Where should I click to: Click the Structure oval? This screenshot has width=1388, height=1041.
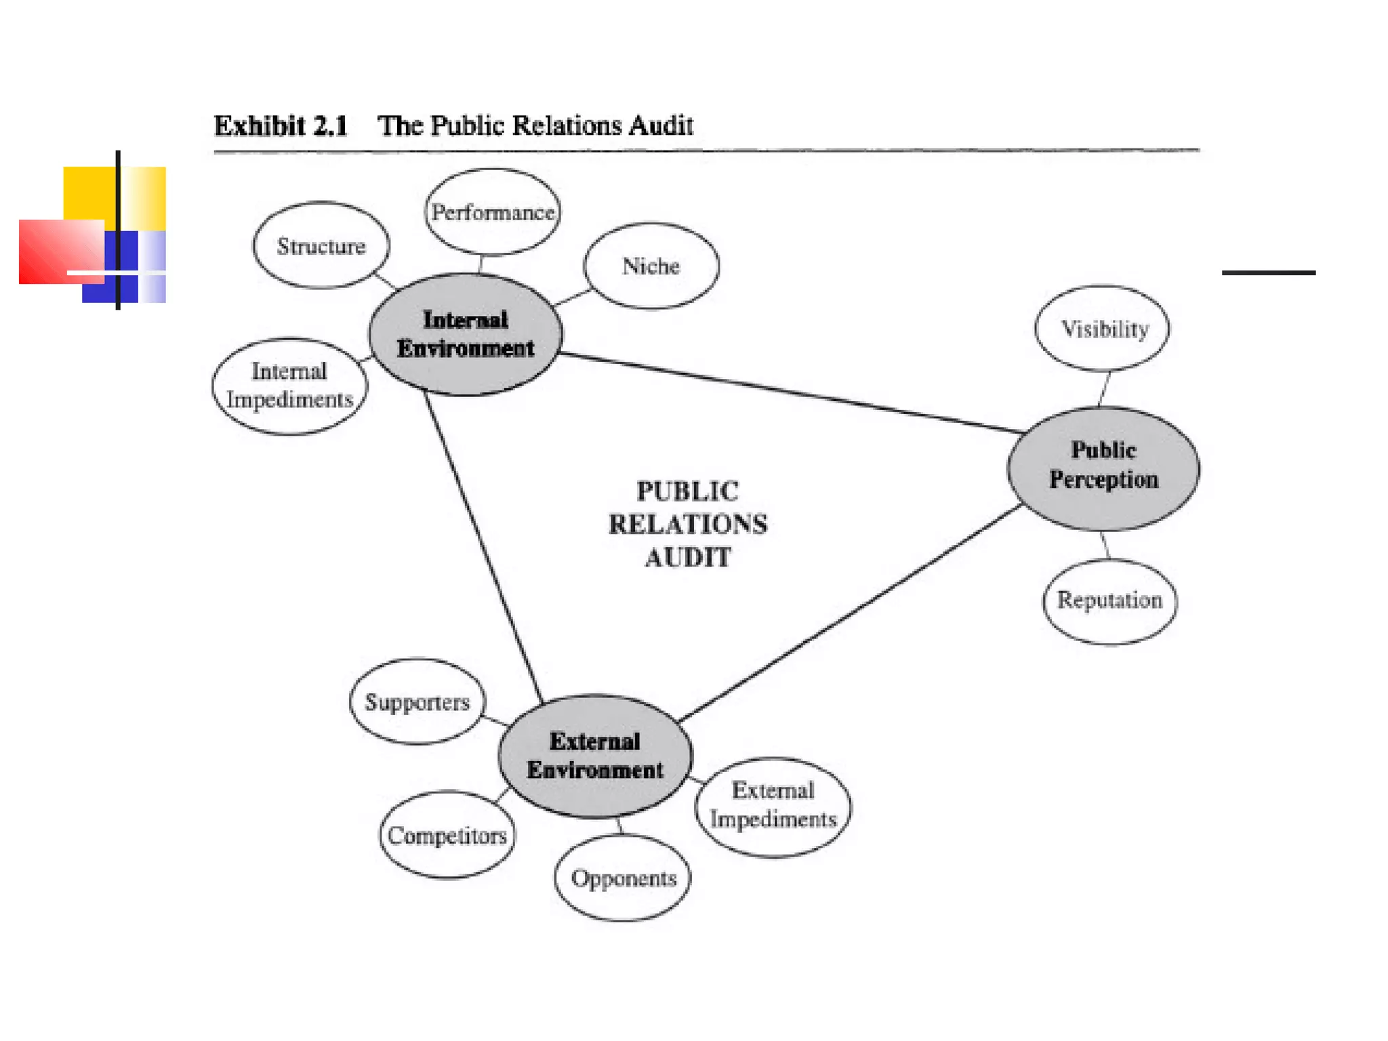pyautogui.click(x=321, y=245)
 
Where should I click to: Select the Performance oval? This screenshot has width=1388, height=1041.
pyautogui.click(x=493, y=212)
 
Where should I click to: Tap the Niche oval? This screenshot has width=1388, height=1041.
pyautogui.click(x=651, y=266)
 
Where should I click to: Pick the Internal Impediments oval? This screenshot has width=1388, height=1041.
pyautogui.click(x=289, y=386)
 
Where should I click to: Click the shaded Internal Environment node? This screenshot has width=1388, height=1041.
pyautogui.click(x=466, y=334)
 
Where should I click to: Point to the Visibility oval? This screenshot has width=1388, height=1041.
pyautogui.click(x=1103, y=329)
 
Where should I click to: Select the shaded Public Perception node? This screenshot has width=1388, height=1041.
pyautogui.click(x=1103, y=468)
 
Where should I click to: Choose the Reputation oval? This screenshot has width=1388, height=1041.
pyautogui.click(x=1109, y=600)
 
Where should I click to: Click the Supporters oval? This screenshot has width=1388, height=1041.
pyautogui.click(x=417, y=701)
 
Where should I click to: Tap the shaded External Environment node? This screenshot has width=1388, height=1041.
pyautogui.click(x=595, y=756)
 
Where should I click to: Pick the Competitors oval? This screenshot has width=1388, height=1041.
pyautogui.click(x=447, y=835)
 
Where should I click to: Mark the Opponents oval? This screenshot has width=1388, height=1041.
pyautogui.click(x=623, y=878)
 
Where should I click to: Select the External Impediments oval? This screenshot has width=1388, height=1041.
pyautogui.click(x=773, y=806)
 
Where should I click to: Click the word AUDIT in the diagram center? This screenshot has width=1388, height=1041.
pyautogui.click(x=687, y=558)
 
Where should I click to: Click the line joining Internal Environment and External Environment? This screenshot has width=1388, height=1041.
pyautogui.click(x=483, y=546)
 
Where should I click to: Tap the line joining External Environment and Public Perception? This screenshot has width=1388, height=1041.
pyautogui.click(x=851, y=613)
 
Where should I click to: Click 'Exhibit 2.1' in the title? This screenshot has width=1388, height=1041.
pyautogui.click(x=281, y=126)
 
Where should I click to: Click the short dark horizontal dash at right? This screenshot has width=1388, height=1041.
pyautogui.click(x=1268, y=272)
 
